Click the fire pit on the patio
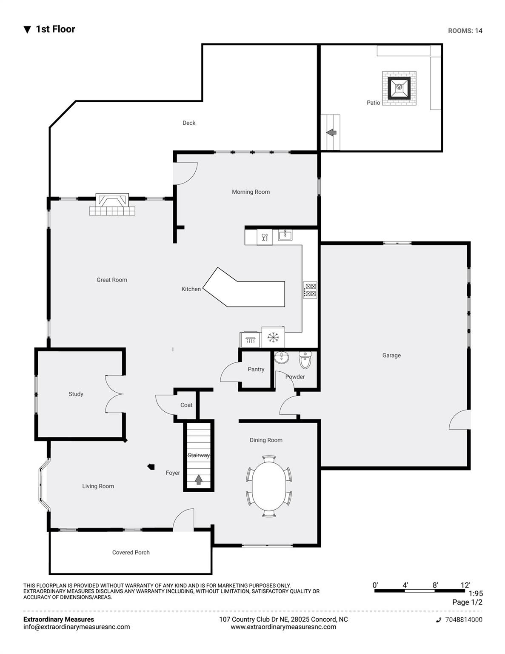399,88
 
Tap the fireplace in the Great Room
112,204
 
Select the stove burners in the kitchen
310,290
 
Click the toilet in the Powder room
305,360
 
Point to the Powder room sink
282,357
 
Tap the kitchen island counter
243,287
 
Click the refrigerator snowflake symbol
273,337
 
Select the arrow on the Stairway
198,479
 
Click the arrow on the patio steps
331,132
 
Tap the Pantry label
256,369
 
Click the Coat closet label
186,405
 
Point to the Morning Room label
251,192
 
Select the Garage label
391,356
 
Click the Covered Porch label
131,552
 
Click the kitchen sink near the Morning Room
285,235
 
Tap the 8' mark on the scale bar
435,585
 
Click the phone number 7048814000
464,620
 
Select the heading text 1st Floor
56,29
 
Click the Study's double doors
114,394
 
